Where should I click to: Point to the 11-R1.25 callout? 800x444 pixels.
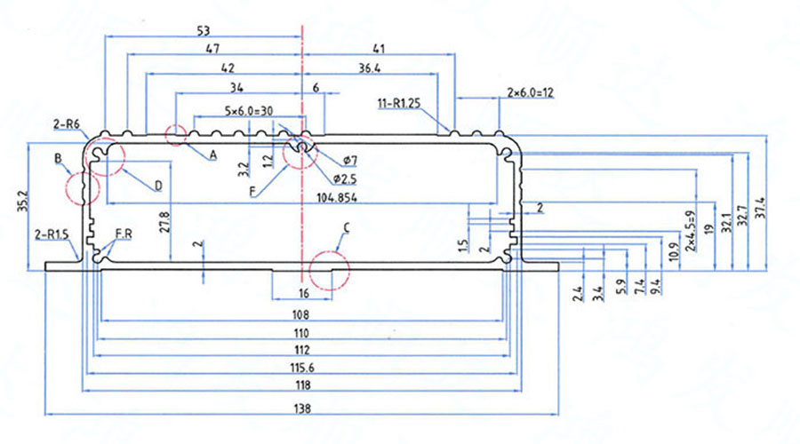tap(398, 105)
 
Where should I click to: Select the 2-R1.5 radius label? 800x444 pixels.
tap(52, 235)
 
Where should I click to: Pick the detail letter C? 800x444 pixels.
tap(347, 227)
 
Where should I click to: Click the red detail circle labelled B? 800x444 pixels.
tap(81, 187)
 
